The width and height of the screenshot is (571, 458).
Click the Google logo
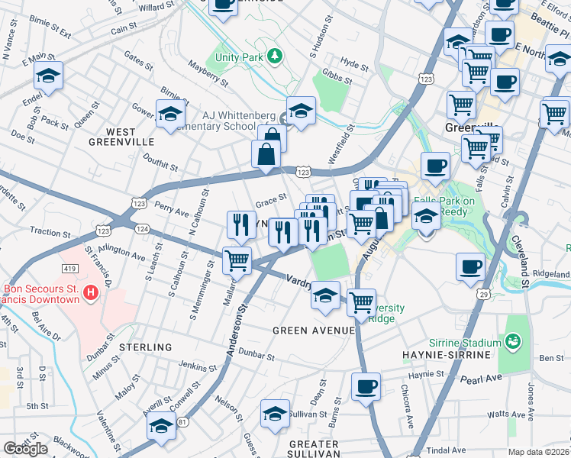25,448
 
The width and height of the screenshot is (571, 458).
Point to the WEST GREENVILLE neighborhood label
121,137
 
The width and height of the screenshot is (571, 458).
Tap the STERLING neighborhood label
146,347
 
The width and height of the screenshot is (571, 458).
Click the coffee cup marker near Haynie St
366,386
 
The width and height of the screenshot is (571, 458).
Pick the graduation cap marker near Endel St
47,76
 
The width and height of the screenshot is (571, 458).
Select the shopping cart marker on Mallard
237,260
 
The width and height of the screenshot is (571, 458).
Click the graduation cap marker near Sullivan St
275,414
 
